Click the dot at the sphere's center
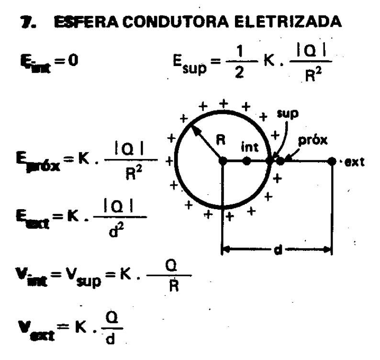coord(223,161)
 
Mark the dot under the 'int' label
coord(246,161)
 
